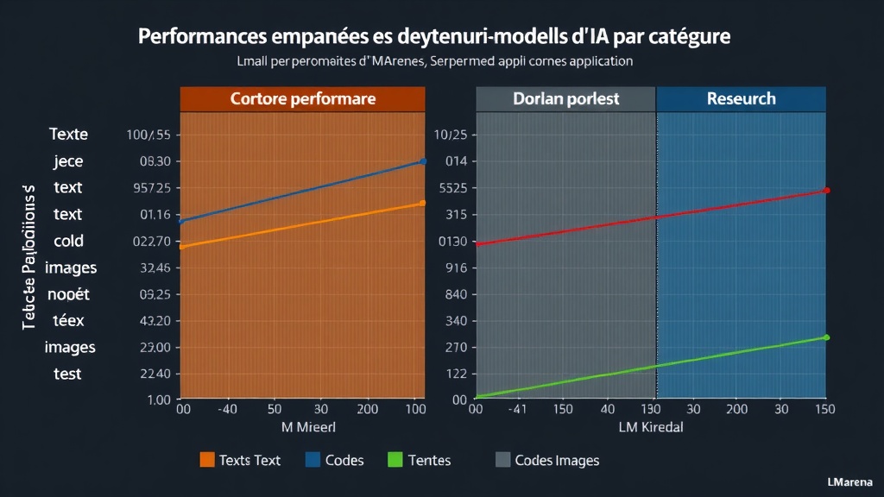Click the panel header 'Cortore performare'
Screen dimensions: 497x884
click(x=302, y=98)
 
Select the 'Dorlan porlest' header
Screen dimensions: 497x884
click(x=565, y=98)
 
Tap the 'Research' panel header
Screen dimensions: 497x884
click(x=741, y=98)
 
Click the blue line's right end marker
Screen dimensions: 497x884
click(x=423, y=161)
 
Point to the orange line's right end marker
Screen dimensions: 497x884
click(x=422, y=203)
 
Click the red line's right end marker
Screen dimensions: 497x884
click(x=827, y=190)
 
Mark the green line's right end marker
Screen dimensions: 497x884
click(x=826, y=337)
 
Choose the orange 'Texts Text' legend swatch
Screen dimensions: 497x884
click(x=207, y=460)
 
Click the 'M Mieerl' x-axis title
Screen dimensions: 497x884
click(x=308, y=427)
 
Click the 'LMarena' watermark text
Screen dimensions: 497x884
click(x=849, y=481)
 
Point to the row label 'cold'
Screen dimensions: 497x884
click(x=68, y=241)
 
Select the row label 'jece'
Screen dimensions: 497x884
click(x=68, y=161)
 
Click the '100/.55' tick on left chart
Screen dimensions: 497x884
click(x=148, y=135)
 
